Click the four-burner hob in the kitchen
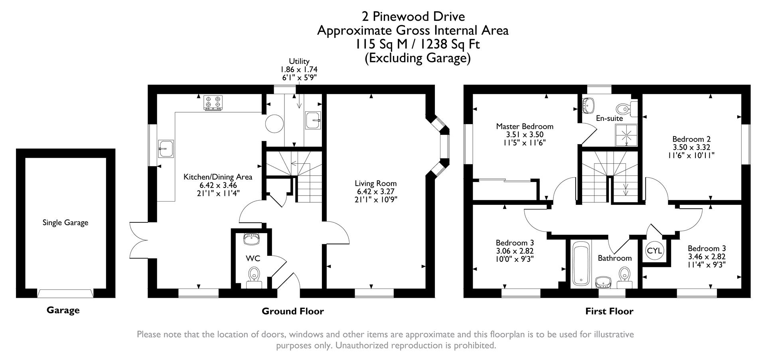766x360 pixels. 213,103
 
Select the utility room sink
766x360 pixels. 313,120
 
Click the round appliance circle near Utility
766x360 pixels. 274,124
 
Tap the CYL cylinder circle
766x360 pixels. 654,251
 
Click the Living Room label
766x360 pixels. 375,184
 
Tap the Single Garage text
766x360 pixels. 65,223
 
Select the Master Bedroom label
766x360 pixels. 524,127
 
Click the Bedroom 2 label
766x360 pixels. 691,139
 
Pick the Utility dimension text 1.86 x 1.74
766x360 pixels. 299,69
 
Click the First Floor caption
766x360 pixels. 609,311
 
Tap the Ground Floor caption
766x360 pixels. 292,311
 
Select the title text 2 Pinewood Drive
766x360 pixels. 413,17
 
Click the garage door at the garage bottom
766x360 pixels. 65,294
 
